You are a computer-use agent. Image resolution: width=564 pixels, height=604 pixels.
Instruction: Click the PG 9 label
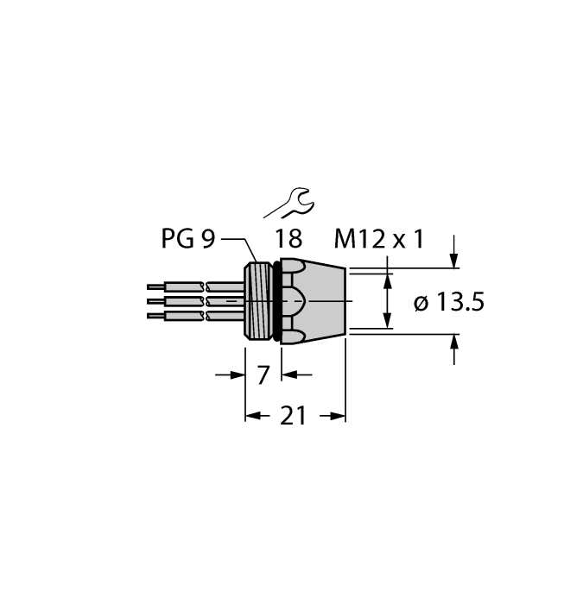(x=187, y=239)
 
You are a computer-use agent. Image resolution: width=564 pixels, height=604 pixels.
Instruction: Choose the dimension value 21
(x=295, y=416)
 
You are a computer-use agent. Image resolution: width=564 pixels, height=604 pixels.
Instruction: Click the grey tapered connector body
(x=320, y=300)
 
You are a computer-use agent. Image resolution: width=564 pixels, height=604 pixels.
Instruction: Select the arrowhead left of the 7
(x=238, y=374)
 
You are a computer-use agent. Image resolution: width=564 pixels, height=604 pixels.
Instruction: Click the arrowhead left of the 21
(x=253, y=416)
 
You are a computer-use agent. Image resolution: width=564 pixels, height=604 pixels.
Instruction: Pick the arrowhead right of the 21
(x=339, y=416)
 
